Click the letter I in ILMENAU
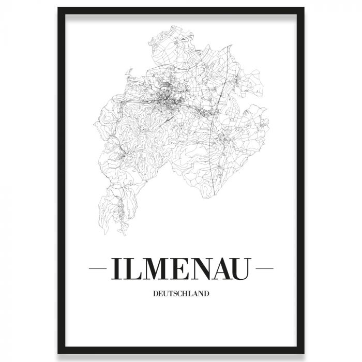point(115,269)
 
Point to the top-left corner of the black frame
point(58,9)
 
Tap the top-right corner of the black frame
point(304,9)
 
